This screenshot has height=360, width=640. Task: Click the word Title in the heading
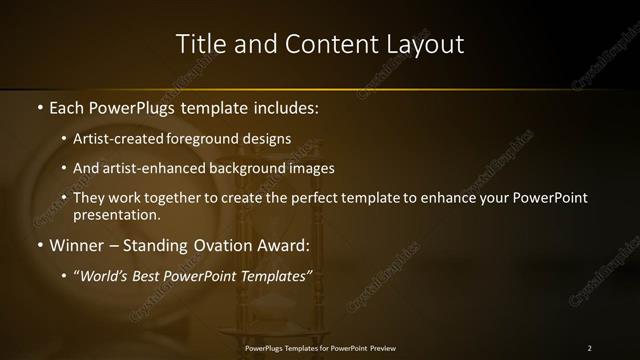(x=198, y=44)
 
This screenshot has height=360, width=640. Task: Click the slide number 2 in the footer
(x=589, y=348)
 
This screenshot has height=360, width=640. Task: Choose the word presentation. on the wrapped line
(x=116, y=214)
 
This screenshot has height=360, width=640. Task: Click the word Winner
(x=76, y=245)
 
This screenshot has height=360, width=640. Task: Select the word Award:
(x=282, y=245)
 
